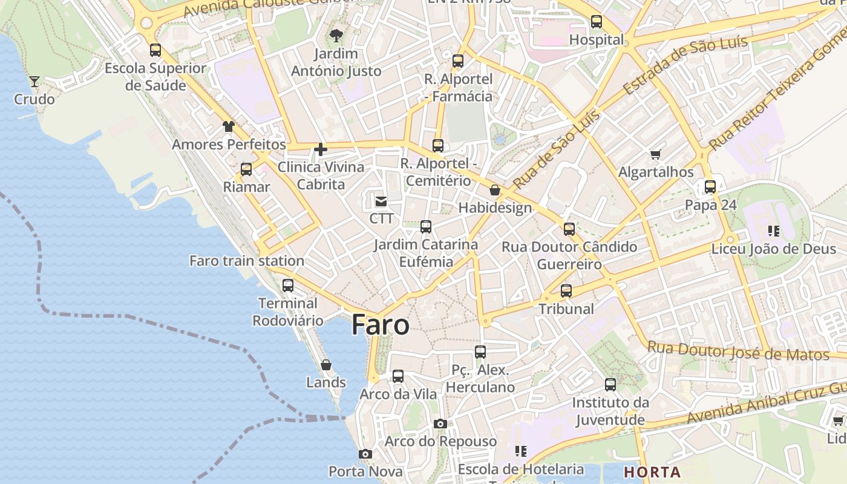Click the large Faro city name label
coord(380,325)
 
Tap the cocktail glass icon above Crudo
coord(34,81)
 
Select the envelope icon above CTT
coord(381,201)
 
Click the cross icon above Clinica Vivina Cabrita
coord(321,149)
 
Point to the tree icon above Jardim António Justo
coord(336,36)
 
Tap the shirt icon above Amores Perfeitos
coord(228,126)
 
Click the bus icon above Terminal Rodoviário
coord(288,285)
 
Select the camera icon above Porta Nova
coord(365,454)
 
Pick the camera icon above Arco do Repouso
coord(440,423)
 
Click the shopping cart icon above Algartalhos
coord(656,154)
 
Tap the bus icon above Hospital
coord(597,22)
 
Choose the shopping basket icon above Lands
coord(326,365)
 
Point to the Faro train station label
coord(247,261)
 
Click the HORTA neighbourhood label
coord(652,472)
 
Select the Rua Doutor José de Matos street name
coord(737,351)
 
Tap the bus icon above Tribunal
coord(566,291)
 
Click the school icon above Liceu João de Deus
coord(773,231)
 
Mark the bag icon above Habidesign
coord(495,190)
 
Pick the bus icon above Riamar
coord(246,169)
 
